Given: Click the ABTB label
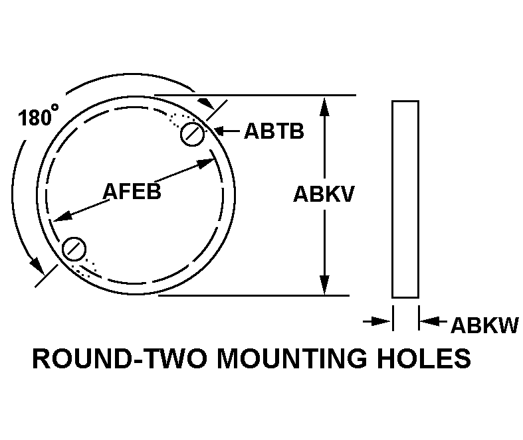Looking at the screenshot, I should tap(274, 131).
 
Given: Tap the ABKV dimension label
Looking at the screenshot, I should tap(324, 194).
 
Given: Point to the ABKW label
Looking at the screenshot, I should tap(484, 326).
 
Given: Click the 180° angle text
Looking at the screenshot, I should tap(36, 117).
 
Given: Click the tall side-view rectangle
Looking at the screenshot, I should tap(405, 198).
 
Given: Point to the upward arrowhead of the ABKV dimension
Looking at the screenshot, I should tap(324, 105).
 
